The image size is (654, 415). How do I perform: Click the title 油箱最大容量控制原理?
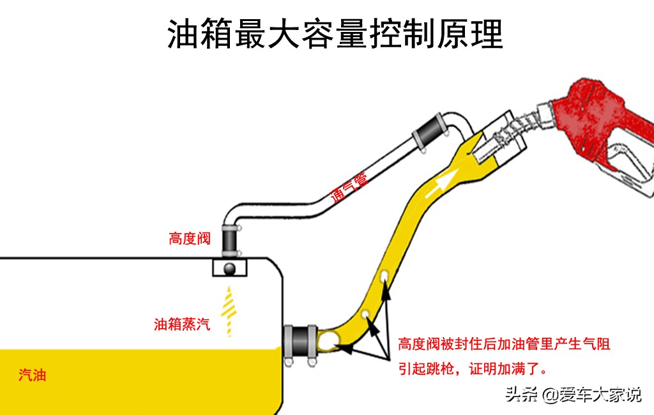[335, 34]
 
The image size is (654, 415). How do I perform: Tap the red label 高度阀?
[190, 239]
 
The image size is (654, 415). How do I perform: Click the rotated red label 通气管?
[349, 187]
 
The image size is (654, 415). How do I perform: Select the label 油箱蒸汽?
[182, 324]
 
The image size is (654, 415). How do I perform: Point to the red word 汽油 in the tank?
[32, 375]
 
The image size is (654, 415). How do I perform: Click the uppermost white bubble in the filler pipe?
[384, 276]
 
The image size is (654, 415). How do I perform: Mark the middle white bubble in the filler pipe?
[365, 314]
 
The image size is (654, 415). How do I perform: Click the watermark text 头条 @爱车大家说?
[573, 395]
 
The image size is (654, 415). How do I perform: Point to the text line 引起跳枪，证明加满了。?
[472, 369]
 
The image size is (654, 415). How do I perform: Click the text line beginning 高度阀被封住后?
[505, 345]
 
